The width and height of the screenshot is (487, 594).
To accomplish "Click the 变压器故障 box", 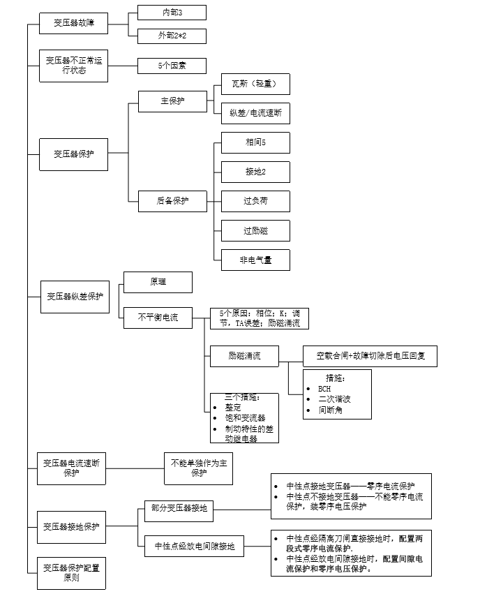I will (x=73, y=24).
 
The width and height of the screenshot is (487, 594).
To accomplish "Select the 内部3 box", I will (x=172, y=12).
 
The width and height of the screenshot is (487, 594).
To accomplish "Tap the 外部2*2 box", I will (x=172, y=36).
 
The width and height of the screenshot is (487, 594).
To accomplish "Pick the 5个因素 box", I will (x=172, y=66).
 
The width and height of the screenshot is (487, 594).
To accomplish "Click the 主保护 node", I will (x=172, y=101).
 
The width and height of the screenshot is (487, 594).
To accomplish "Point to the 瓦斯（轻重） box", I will (x=255, y=84).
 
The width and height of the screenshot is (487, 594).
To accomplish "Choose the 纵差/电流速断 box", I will (x=255, y=112).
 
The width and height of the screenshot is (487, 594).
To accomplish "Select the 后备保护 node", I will (x=172, y=201).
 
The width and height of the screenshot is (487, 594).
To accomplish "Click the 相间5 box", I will (x=255, y=143).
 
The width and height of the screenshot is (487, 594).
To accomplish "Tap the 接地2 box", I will (x=255, y=172).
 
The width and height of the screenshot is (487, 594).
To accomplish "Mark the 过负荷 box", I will (x=255, y=201).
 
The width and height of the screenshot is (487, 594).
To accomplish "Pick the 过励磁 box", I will (x=255, y=230).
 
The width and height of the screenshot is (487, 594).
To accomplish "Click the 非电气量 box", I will (x=255, y=260).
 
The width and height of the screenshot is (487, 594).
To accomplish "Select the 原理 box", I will (x=158, y=282).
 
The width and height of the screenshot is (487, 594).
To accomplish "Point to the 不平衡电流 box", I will (x=158, y=318).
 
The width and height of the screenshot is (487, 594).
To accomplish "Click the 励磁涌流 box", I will (x=244, y=356).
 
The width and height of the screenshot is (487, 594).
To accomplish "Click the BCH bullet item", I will (x=324, y=389).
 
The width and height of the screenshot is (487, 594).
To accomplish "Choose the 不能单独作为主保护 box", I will (x=199, y=467).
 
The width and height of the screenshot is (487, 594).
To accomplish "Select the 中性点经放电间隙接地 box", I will (x=190, y=547).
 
